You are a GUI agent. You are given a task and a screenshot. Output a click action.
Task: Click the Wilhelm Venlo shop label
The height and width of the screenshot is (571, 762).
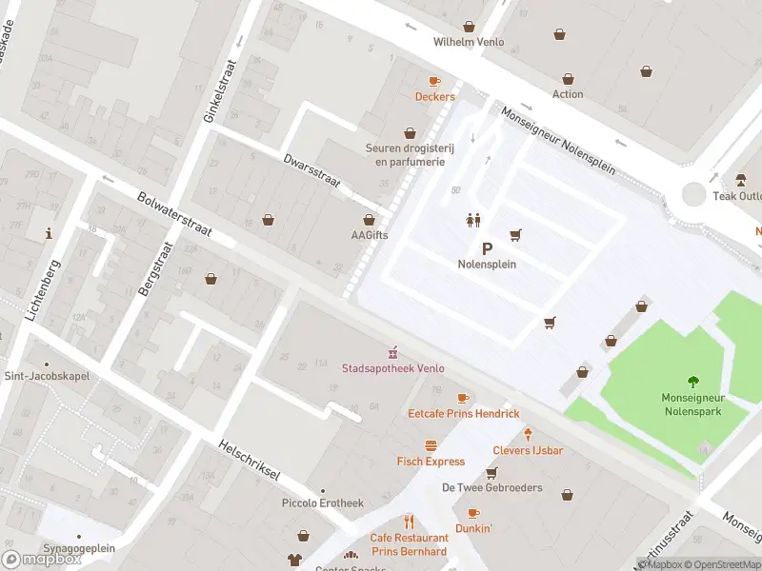(468, 42)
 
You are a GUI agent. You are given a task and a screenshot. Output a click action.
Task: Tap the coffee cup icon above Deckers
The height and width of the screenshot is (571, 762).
(434, 82)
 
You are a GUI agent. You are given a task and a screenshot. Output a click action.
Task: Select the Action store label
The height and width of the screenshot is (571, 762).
(568, 94)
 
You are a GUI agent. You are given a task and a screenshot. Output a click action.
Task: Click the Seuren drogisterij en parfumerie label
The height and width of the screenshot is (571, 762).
(410, 154)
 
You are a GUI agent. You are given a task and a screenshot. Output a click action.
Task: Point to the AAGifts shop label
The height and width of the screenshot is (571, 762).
(370, 235)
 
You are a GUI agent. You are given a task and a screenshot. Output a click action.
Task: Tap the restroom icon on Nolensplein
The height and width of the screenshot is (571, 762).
(473, 219)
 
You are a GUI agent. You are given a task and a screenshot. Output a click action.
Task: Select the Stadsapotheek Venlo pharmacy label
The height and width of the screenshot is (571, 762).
(393, 368)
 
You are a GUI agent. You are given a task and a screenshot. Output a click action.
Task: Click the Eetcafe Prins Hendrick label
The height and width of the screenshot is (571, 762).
(464, 413)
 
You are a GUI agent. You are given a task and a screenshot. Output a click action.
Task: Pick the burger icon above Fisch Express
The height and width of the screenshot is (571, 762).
(431, 445)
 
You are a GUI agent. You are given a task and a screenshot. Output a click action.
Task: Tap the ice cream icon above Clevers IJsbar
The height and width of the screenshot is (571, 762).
(527, 434)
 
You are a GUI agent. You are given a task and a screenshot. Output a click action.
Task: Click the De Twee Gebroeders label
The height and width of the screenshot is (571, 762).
(491, 487)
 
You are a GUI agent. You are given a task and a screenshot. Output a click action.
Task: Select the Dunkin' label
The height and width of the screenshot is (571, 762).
(473, 527)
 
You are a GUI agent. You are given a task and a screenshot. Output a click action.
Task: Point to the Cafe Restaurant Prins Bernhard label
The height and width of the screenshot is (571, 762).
(409, 544)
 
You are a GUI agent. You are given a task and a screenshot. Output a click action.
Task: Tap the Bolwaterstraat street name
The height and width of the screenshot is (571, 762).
(174, 216)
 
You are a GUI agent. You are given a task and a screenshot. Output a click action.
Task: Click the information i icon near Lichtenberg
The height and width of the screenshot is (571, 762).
(49, 232)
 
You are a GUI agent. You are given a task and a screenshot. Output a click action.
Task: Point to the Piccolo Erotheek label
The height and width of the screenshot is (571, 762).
(323, 502)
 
